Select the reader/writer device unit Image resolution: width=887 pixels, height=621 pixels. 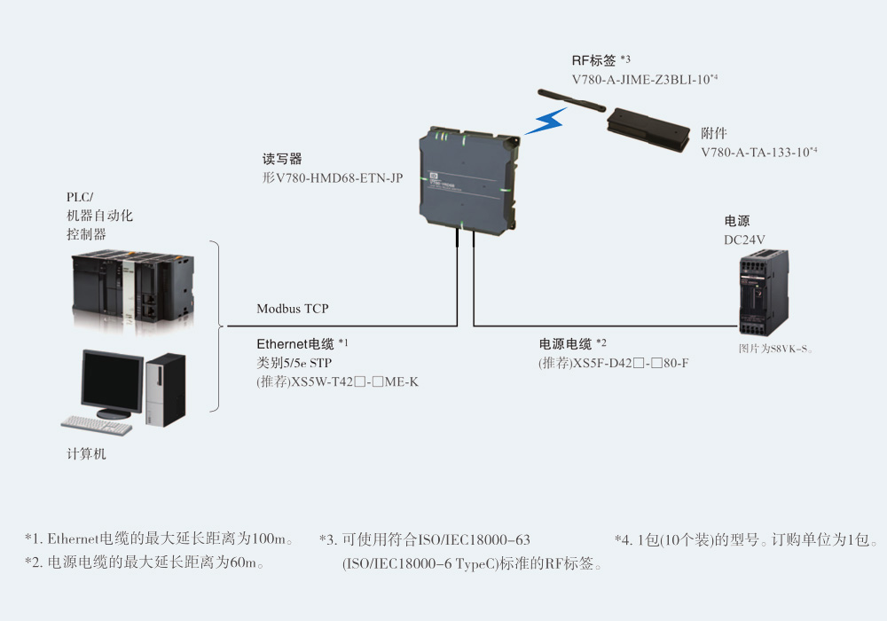coord(467,177)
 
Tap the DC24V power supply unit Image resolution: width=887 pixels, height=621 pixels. coord(763,291)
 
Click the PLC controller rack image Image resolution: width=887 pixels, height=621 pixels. coord(133,283)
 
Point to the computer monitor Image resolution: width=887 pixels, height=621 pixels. coord(112,381)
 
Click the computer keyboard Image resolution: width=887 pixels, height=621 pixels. coord(97,425)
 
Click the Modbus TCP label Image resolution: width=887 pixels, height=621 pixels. coord(293,310)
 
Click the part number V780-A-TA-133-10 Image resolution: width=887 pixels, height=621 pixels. coord(757,152)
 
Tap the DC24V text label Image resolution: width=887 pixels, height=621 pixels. coord(744,239)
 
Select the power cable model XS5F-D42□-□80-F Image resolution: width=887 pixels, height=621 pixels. coord(613,363)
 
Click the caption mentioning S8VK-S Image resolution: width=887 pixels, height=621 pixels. coord(774,349)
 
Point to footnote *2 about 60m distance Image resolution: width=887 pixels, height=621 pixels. coord(145,562)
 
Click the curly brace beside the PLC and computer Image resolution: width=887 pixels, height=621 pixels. coord(215,326)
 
